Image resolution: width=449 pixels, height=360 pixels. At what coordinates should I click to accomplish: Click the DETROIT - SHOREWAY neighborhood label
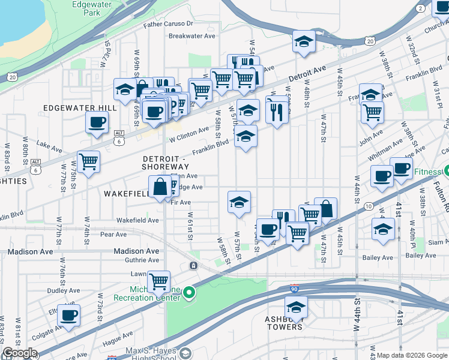click(166, 162)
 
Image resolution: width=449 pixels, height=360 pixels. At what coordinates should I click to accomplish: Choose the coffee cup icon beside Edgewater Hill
click(97, 123)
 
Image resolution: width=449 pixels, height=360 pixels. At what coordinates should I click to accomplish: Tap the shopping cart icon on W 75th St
click(88, 161)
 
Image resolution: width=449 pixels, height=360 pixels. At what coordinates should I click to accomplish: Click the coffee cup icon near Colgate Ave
click(68, 314)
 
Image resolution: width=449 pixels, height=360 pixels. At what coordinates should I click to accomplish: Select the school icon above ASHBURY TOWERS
click(296, 307)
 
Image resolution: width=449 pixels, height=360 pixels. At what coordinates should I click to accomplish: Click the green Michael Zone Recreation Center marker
click(189, 293)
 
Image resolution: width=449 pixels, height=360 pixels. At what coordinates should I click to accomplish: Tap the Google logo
click(19, 353)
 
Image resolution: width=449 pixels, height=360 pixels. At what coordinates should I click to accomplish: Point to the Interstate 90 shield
click(294, 288)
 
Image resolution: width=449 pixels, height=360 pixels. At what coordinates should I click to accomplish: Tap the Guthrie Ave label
click(142, 260)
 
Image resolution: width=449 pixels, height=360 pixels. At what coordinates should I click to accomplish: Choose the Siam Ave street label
click(421, 242)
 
